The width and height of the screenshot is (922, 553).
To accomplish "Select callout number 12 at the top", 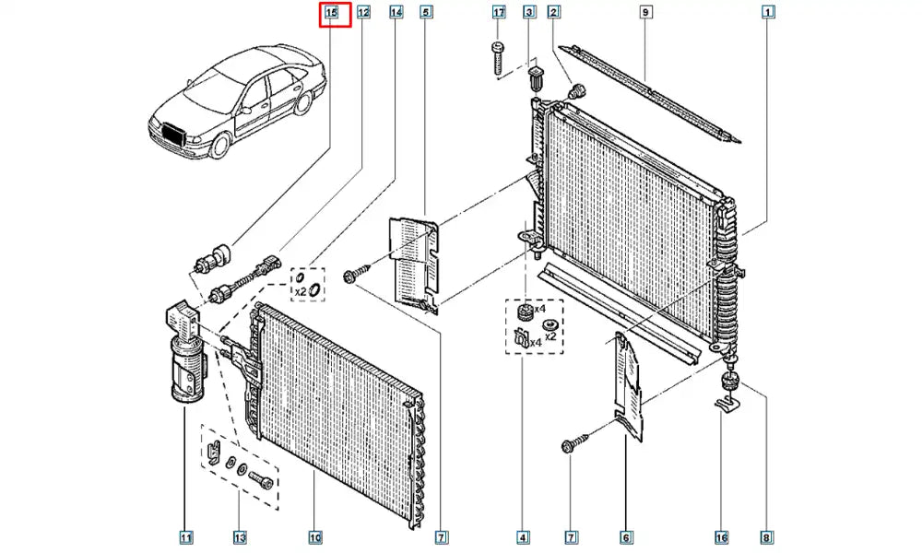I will point(364,13).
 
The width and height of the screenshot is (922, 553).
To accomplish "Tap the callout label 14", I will point(396,13).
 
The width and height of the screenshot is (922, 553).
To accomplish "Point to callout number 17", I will point(499,13).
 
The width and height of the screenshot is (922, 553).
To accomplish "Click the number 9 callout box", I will point(645,13).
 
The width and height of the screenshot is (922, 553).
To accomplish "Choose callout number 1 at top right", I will point(767,13).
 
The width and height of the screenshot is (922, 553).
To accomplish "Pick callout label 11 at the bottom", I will point(186,537).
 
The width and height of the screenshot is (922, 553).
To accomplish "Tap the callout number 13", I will point(240,537).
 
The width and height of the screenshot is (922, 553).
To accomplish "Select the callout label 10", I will point(314,537).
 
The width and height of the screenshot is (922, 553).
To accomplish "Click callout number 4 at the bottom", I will point(523,537).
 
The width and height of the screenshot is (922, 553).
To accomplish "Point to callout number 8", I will point(767,537).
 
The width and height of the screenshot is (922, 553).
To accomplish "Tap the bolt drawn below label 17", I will point(498,58).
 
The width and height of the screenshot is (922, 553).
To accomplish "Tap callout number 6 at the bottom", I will point(625,537).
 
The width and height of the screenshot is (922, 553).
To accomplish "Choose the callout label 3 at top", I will point(529,13).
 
